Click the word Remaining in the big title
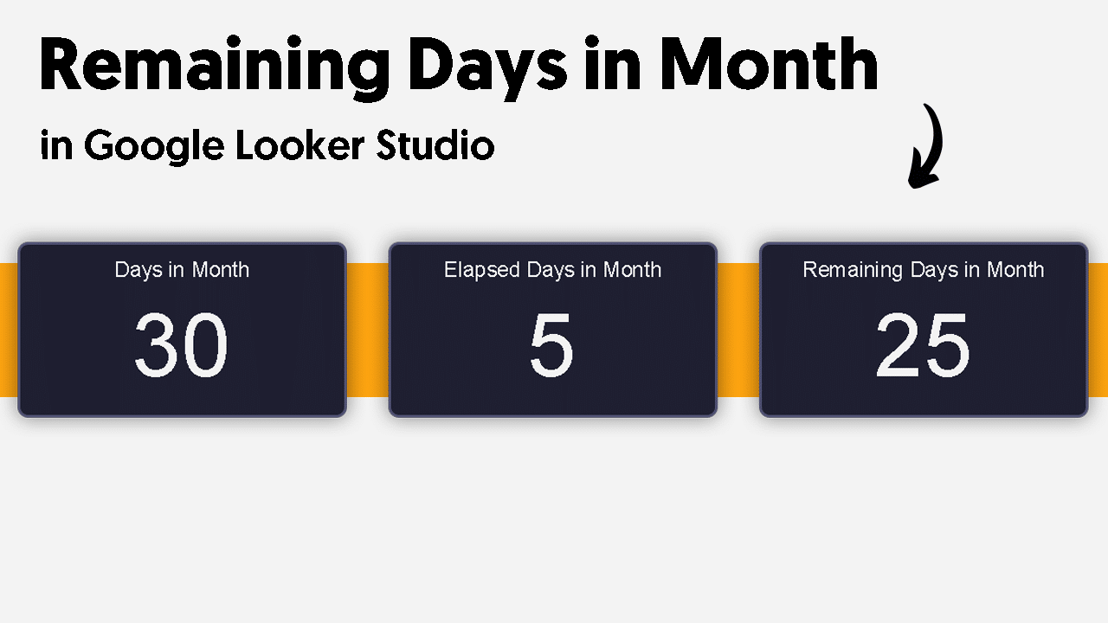[215, 67]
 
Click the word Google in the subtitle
[154, 147]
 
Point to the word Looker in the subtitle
[300, 145]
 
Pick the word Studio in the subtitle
[435, 145]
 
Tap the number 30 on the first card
[181, 345]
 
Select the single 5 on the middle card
[551, 345]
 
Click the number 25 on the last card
[923, 345]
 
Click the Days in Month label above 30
[182, 270]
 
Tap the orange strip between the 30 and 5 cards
[368, 330]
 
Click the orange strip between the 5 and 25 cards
[738, 330]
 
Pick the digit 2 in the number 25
[898, 344]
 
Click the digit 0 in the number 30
[206, 345]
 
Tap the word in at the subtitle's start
[56, 145]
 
